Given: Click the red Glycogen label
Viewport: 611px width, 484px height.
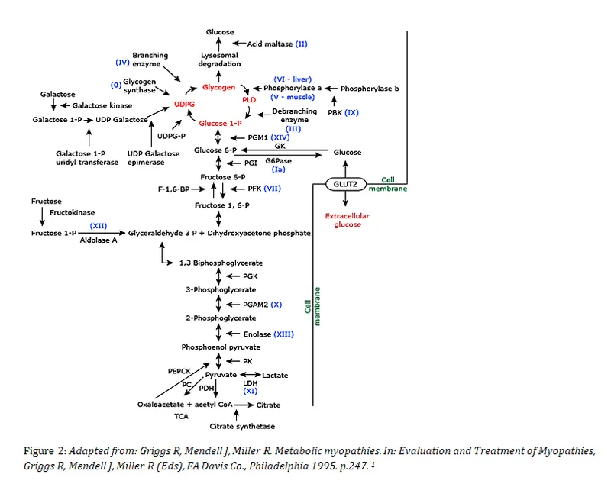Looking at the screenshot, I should click(219, 88).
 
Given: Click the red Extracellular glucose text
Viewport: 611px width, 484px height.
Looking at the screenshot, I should click(347, 221).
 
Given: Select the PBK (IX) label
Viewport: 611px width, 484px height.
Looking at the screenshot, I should click(343, 112).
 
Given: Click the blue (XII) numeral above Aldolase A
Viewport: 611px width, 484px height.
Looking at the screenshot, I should click(99, 226).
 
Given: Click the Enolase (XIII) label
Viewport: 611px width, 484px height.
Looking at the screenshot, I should click(268, 334).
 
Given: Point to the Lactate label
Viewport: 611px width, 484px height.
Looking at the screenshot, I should click(275, 376).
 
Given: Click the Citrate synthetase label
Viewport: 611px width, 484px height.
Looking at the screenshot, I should click(243, 426).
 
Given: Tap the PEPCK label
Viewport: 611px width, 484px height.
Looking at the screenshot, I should click(179, 370).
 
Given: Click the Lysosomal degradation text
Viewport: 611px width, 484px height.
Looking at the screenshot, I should click(220, 61).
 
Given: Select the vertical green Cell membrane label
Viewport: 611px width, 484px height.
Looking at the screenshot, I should click(312, 306).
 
